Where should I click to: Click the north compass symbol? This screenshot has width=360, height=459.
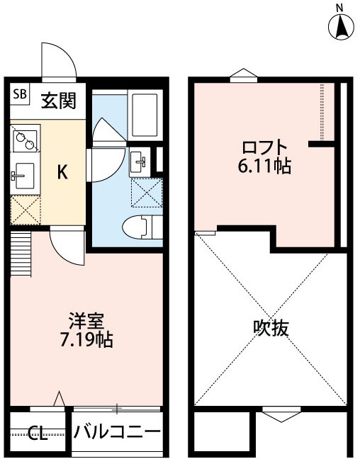click(x=341, y=25)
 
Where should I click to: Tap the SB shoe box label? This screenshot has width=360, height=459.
click(x=20, y=93)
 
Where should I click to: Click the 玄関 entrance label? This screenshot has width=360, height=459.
click(x=58, y=101)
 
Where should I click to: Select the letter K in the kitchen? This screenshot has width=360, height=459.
click(x=62, y=172)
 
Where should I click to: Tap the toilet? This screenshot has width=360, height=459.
click(x=140, y=229)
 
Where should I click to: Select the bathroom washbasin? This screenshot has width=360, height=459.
click(x=140, y=162)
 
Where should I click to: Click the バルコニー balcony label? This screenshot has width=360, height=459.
click(x=118, y=432)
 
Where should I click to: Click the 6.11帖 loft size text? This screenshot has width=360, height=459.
click(x=264, y=168)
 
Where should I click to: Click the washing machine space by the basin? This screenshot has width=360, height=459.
click(x=147, y=191)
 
